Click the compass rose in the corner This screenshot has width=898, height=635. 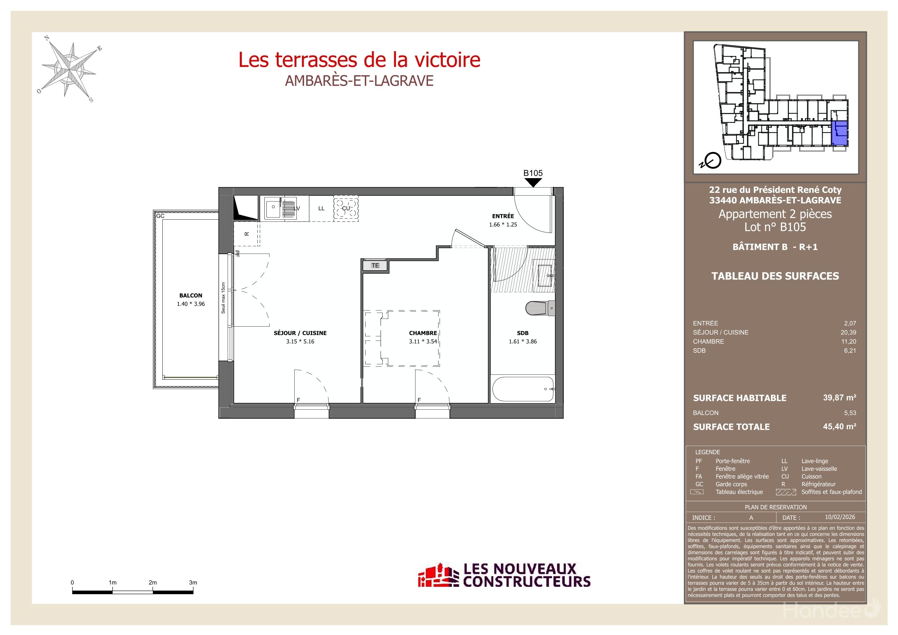click(69, 70)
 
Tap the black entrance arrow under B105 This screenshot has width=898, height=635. click(533, 182)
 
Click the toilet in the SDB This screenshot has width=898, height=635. click(539, 308)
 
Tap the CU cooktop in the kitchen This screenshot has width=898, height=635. click(346, 209)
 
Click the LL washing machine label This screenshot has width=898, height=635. click(321, 209)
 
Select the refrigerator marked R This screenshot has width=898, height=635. click(246, 234)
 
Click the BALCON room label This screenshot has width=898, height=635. click(191, 295)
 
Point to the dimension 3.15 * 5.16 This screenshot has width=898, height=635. click(300, 342)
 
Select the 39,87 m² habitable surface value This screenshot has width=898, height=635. click(839, 398)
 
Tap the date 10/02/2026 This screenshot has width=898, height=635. click(840, 517)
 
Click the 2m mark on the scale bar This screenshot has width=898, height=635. click(153, 583)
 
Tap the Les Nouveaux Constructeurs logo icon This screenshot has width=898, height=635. click(438, 576)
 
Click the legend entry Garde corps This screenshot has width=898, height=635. click(731, 484)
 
